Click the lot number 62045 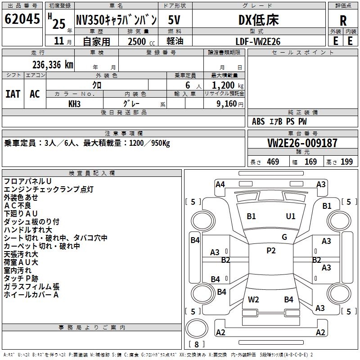tap(22, 19)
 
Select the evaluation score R tap(343, 20)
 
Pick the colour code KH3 tap(75, 103)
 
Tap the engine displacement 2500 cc tap(137, 41)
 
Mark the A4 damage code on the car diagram tap(220, 184)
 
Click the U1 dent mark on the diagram tap(291, 216)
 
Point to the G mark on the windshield tap(284, 237)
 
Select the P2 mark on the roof tap(271, 251)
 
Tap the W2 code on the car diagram tap(253, 299)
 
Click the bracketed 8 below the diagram tap(197, 344)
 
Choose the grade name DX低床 tap(258, 20)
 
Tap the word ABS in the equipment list tap(258, 121)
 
